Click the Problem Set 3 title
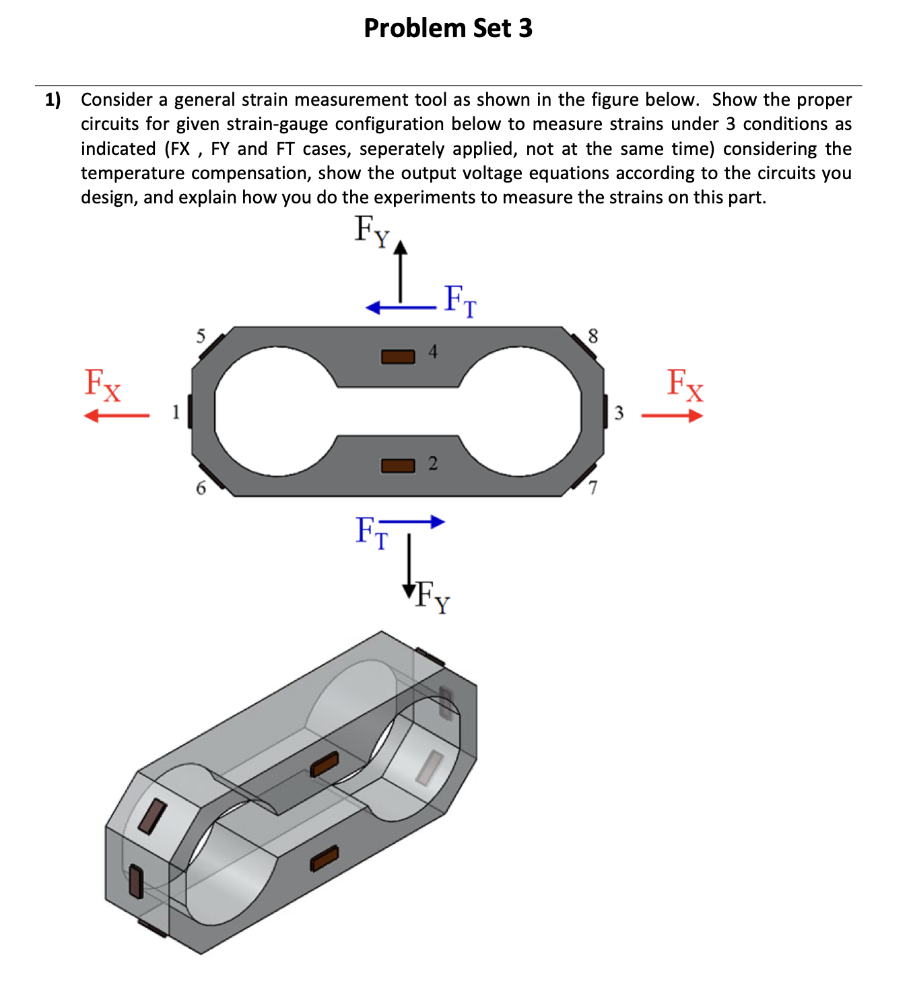coord(448,28)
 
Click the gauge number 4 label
coord(433,351)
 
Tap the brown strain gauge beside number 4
coord(398,356)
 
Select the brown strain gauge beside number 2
coord(398,465)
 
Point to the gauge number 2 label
coord(433,463)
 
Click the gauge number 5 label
coord(201,336)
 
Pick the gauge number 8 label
coord(593,336)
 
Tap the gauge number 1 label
coord(176,411)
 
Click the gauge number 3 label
coord(619,412)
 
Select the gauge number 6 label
coord(201,488)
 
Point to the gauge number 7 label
coord(593,488)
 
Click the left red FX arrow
coord(116,416)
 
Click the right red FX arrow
coord(672,416)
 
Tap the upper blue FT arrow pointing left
coord(401,308)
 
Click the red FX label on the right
coord(685,385)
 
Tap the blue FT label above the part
coord(461,300)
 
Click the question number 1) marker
coord(53,100)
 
